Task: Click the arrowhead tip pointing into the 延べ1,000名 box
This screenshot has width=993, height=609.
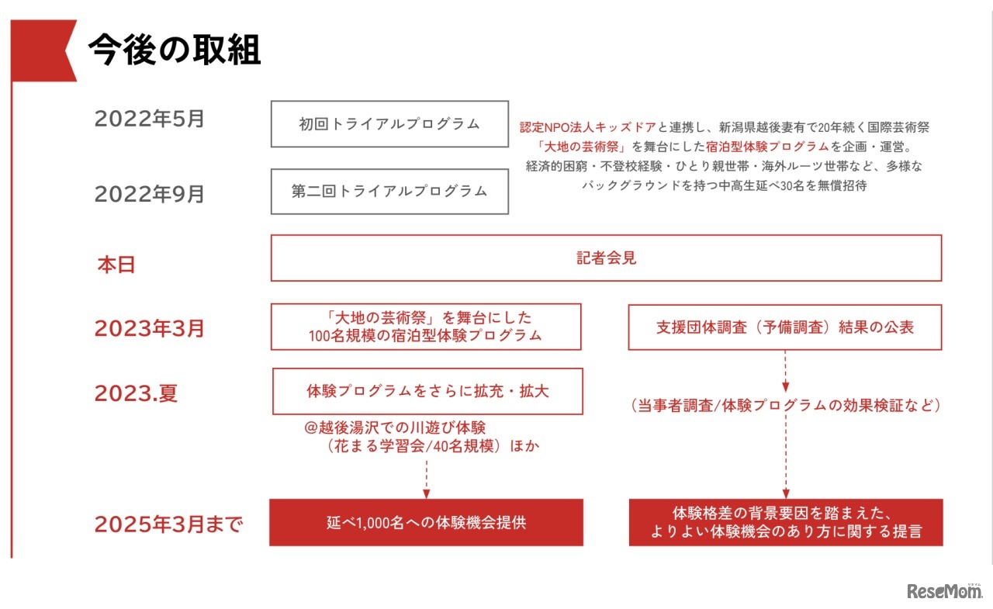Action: point(427,499)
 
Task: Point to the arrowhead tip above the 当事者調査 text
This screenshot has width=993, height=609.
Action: point(786,393)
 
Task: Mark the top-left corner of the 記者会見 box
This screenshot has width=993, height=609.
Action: point(272,235)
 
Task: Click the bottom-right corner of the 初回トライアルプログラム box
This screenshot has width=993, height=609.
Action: point(508,147)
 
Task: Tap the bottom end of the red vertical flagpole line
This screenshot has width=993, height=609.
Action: point(12,558)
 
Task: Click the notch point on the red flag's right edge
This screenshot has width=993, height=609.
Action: point(65,50)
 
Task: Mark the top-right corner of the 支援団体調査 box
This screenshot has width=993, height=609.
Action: point(942,305)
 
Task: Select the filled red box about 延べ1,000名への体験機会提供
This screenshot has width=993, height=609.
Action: point(427,523)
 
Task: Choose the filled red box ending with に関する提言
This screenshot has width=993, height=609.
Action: point(786,523)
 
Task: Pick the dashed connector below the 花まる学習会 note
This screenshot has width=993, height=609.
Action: point(427,479)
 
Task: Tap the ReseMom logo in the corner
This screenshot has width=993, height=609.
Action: point(944,591)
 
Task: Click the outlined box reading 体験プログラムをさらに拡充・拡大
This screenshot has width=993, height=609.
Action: point(427,391)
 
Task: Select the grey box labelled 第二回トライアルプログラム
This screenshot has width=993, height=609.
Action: point(389,192)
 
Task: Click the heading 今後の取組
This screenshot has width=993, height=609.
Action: point(175,50)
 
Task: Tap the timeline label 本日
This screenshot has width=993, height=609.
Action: point(116,265)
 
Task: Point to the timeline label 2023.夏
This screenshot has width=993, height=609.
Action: point(136,393)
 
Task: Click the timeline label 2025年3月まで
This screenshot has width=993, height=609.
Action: point(169,524)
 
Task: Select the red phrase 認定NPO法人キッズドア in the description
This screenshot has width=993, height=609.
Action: point(588,128)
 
